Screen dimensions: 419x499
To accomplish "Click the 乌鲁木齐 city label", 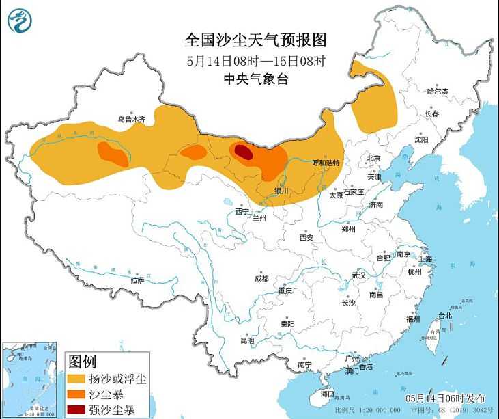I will [132, 119].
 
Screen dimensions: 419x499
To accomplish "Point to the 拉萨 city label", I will [137, 280].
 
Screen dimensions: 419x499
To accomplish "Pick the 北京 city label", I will [373, 158].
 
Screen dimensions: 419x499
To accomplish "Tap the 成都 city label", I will [261, 278].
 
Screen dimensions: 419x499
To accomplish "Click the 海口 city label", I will [328, 394].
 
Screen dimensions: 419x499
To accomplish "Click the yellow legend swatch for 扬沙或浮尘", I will [76, 378].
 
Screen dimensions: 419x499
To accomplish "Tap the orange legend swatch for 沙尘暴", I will [76, 394].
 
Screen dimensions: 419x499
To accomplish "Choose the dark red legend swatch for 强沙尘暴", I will [76, 410].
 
